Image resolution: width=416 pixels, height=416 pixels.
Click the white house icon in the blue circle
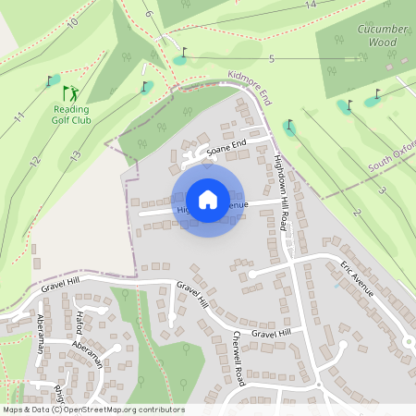tap(208, 199)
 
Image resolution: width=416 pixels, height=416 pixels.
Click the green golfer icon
tap(71, 92)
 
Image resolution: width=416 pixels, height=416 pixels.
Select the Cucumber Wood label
tap(382, 34)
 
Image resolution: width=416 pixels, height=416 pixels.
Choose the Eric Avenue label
tap(357, 276)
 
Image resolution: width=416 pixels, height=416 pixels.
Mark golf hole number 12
tap(34, 162)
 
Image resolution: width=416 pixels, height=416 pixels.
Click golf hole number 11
tap(18, 118)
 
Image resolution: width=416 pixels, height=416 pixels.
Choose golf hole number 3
tap(381, 190)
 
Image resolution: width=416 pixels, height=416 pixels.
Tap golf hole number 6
tap(148, 15)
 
